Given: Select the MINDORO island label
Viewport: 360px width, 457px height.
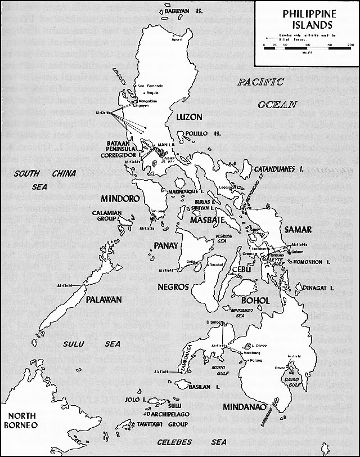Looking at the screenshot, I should pyautogui.click(x=120, y=199).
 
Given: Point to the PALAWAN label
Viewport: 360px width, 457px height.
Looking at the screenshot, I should pyautogui.click(x=103, y=300).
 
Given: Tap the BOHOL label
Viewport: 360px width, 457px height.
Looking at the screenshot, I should pyautogui.click(x=255, y=301).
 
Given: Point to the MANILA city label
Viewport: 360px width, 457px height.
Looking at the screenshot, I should pyautogui.click(x=166, y=144).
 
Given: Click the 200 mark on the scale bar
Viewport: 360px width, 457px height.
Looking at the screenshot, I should pyautogui.click(x=350, y=44).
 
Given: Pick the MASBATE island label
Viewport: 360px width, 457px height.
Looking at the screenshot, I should pyautogui.click(x=207, y=219).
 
